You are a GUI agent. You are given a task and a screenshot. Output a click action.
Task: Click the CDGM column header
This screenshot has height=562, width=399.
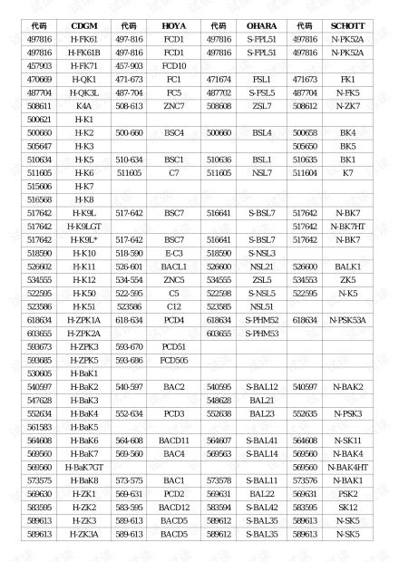(84, 26)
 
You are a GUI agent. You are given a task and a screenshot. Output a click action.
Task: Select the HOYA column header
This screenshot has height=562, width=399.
(173, 26)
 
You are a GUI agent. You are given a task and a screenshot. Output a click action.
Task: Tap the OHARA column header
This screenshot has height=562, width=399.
(262, 26)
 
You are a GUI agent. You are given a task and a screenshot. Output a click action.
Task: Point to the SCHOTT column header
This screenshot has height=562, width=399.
(348, 26)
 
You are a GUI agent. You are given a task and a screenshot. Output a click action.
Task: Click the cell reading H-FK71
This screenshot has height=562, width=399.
(84, 66)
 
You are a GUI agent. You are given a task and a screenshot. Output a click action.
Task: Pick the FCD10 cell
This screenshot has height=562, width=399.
(173, 66)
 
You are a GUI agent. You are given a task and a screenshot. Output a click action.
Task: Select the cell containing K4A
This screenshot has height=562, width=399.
(84, 106)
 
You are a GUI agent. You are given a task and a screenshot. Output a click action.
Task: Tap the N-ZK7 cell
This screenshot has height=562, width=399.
(348, 106)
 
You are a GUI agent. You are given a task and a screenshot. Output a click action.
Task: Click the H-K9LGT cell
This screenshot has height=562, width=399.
(84, 226)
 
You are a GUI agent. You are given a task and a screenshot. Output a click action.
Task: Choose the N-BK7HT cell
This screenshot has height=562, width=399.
(348, 226)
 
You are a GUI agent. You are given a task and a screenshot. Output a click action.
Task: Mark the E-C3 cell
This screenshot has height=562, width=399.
(173, 253)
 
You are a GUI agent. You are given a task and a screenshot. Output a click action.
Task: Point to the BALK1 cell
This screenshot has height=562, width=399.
(348, 266)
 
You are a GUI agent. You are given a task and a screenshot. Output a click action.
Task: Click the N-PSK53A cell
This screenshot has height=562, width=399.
(348, 320)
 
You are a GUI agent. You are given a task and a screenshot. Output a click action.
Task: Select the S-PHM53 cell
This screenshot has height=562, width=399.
(262, 334)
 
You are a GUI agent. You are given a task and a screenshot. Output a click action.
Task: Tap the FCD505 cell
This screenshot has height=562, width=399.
(173, 360)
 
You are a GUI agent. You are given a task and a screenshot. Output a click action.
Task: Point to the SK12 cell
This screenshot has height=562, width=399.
(348, 507)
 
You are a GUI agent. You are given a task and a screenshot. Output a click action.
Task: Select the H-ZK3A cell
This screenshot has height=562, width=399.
(84, 534)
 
